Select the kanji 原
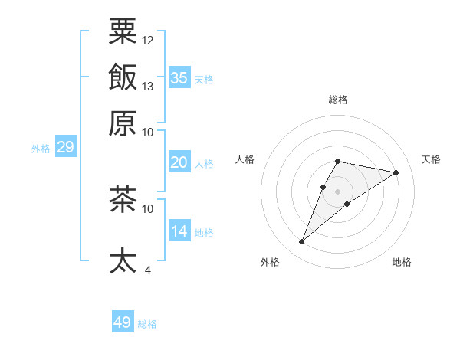pyautogui.click(x=123, y=123)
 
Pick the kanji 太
pyautogui.click(x=123, y=260)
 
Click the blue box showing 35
pyautogui.click(x=179, y=78)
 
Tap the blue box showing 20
pyautogui.click(x=179, y=162)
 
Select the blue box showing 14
pyautogui.click(x=179, y=231)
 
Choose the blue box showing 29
pyautogui.click(x=65, y=147)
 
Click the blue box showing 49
pyautogui.click(x=123, y=322)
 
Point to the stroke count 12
pyautogui.click(x=148, y=40)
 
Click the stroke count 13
pyautogui.click(x=148, y=86)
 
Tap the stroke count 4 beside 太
pyautogui.click(x=147, y=270)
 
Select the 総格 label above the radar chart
pyautogui.click(x=337, y=100)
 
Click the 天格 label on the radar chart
pyautogui.click(x=431, y=159)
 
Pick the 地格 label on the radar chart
pyautogui.click(x=402, y=262)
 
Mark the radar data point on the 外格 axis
pyautogui.click(x=302, y=242)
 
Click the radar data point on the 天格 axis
pyautogui.click(x=396, y=172)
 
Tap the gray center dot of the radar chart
pyautogui.click(x=337, y=191)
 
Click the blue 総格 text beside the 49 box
pyautogui.click(x=147, y=324)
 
